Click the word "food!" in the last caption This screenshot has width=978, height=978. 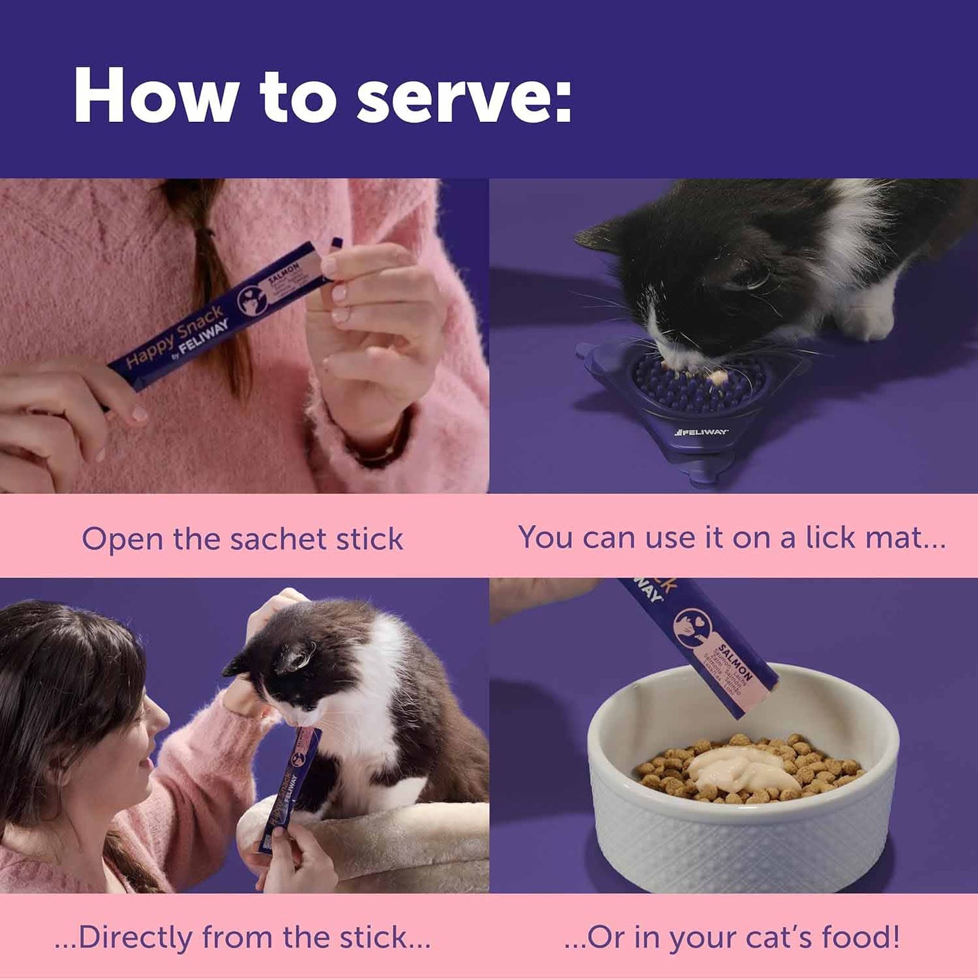point(860,937)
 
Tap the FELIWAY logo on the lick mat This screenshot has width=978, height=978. point(701,432)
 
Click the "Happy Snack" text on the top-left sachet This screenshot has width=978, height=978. point(175,336)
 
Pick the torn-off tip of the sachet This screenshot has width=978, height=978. point(335,242)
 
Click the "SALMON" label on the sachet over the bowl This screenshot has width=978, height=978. point(735,663)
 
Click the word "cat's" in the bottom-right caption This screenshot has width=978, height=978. point(778,937)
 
